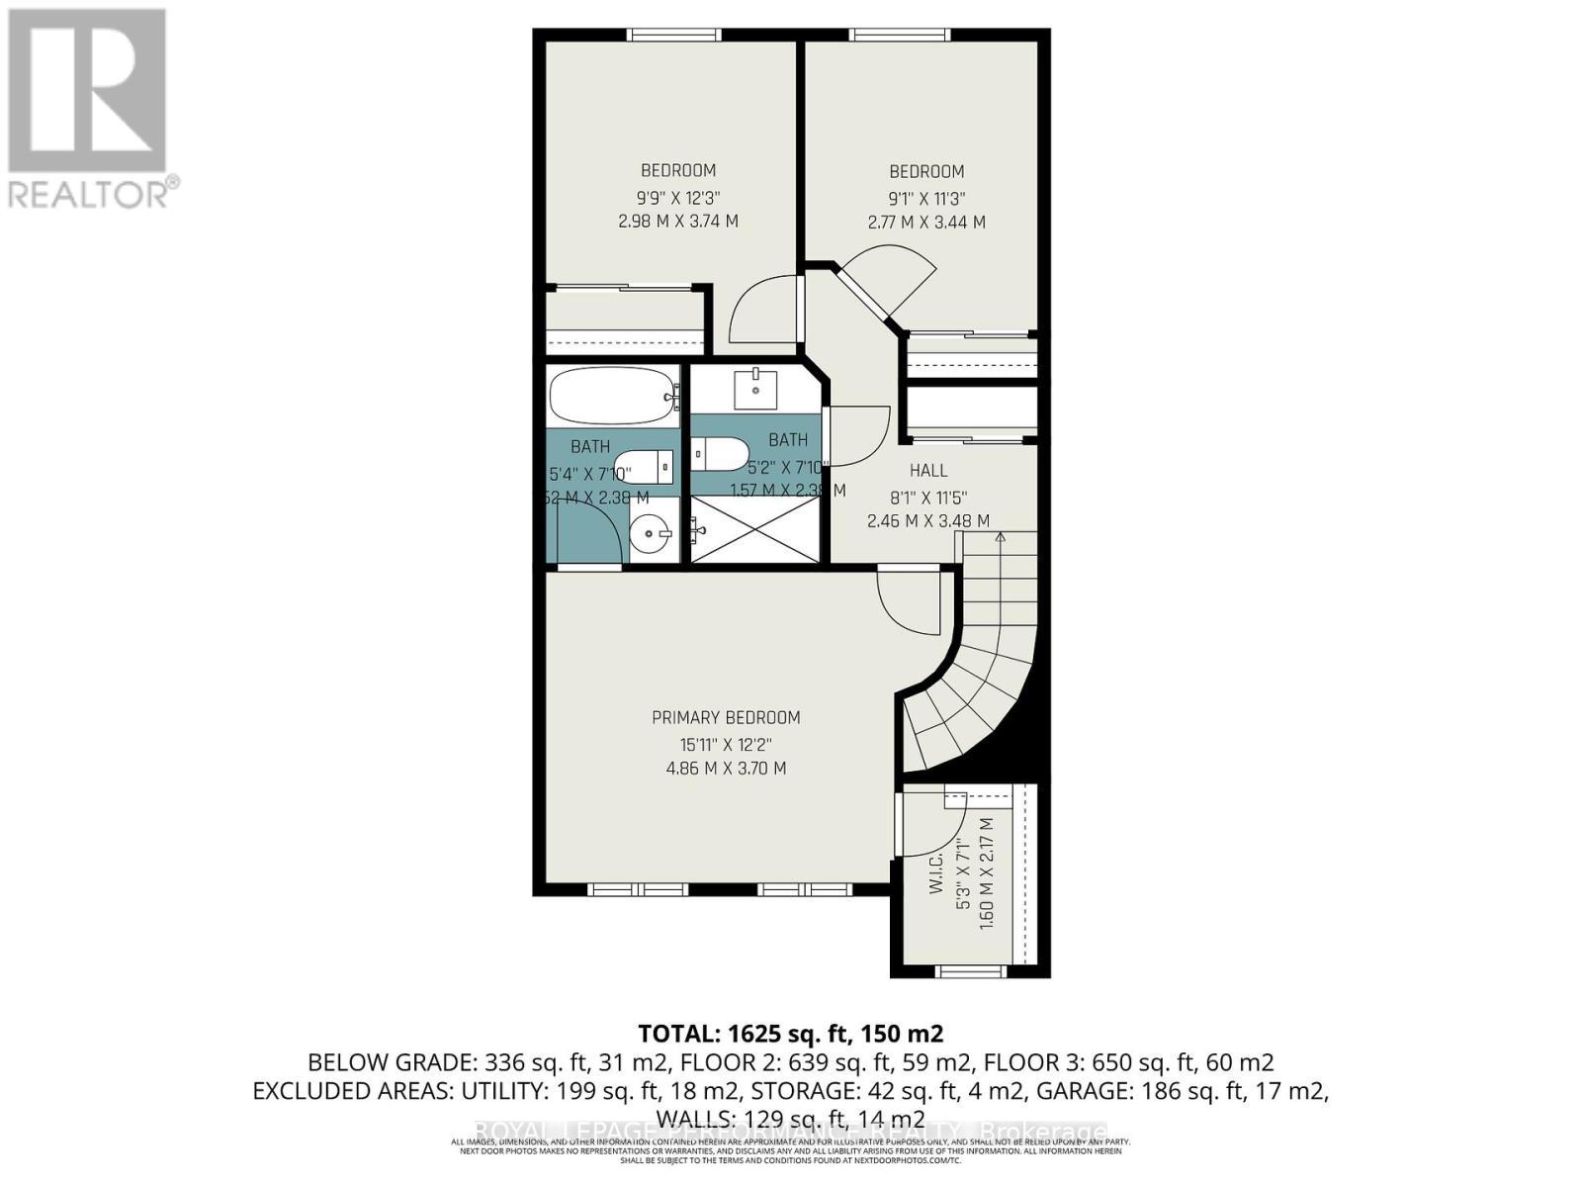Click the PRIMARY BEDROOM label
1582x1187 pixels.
(x=726, y=718)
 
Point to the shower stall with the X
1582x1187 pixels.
(x=754, y=529)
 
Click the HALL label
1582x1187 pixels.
(x=928, y=471)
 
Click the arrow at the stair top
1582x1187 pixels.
(x=1000, y=538)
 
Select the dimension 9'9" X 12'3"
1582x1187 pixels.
(x=678, y=196)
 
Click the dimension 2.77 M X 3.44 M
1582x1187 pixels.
(x=926, y=223)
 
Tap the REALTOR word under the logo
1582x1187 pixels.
(x=89, y=194)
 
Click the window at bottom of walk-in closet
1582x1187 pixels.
(x=956, y=971)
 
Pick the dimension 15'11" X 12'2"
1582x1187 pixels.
(x=726, y=744)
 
